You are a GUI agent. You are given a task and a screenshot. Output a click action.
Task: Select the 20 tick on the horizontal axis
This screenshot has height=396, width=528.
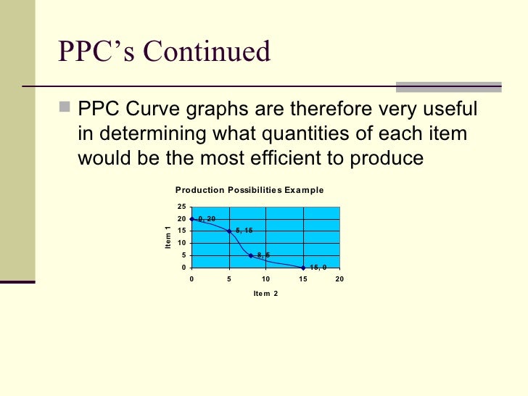point(339,279)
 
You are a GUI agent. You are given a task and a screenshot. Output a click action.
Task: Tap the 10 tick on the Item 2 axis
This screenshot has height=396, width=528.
point(265,279)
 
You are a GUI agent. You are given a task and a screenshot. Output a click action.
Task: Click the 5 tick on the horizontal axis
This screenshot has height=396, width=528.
point(229,279)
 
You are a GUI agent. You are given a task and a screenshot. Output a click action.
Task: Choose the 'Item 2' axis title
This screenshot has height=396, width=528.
point(265,294)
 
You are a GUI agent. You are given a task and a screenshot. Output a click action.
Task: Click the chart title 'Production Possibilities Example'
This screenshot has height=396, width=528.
point(249,190)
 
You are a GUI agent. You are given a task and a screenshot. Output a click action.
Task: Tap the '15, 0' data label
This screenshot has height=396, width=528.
point(318,267)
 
